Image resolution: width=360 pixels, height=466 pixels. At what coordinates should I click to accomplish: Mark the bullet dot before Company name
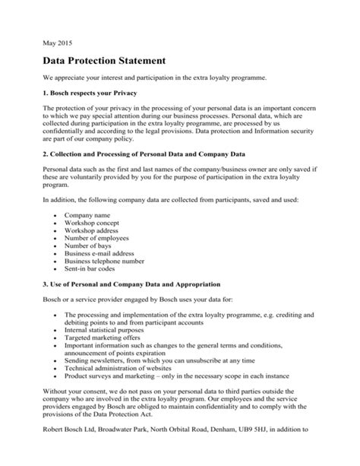57,217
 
